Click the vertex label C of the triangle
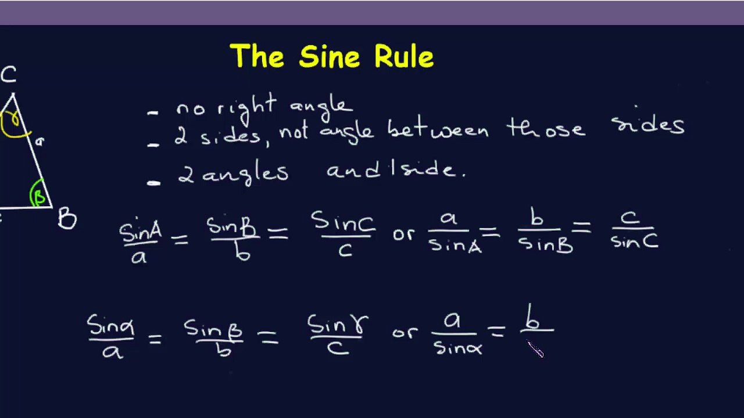[x=9, y=75]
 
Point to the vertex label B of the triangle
[x=67, y=219]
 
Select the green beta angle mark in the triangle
[x=38, y=195]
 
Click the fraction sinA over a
[x=139, y=242]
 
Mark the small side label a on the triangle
[x=39, y=140]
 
